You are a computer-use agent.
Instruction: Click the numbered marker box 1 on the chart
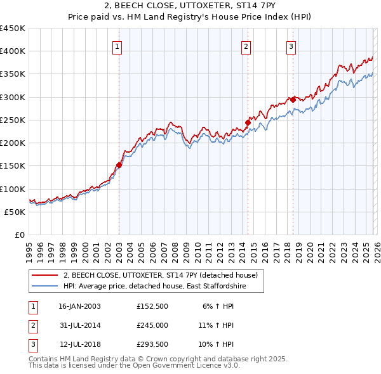click(x=119, y=46)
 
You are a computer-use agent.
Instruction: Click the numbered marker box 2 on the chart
click(x=246, y=46)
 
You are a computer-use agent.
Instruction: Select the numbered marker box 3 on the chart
click(x=291, y=46)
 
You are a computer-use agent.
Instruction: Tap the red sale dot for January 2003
click(x=119, y=165)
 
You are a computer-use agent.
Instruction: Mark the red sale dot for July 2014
click(x=248, y=122)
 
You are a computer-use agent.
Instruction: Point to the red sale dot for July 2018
click(x=293, y=100)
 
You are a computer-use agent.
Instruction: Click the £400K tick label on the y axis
click(x=12, y=51)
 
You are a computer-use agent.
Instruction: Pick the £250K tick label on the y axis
click(x=12, y=120)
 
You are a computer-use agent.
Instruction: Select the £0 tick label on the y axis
click(x=20, y=235)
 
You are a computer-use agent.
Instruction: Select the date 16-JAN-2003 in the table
click(x=79, y=306)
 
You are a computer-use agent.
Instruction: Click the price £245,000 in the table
click(x=152, y=325)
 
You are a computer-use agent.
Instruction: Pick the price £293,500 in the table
click(x=152, y=345)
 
